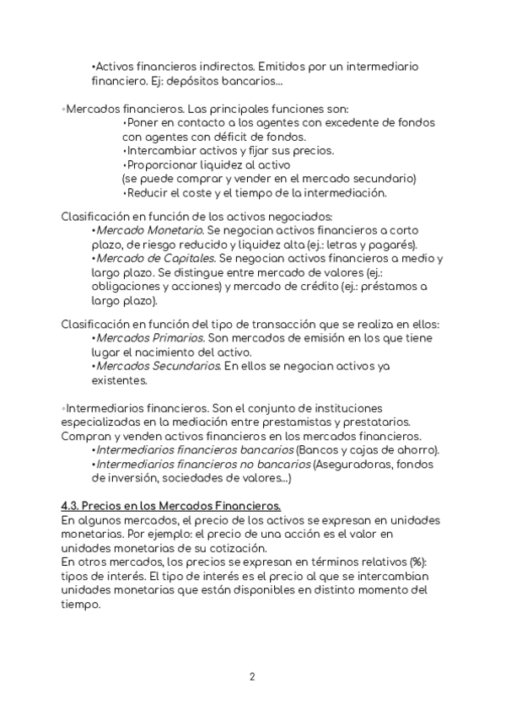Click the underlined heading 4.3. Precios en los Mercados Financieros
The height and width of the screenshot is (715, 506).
(170, 506)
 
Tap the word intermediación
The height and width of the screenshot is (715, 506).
(337, 192)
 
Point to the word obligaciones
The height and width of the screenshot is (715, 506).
(127, 287)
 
